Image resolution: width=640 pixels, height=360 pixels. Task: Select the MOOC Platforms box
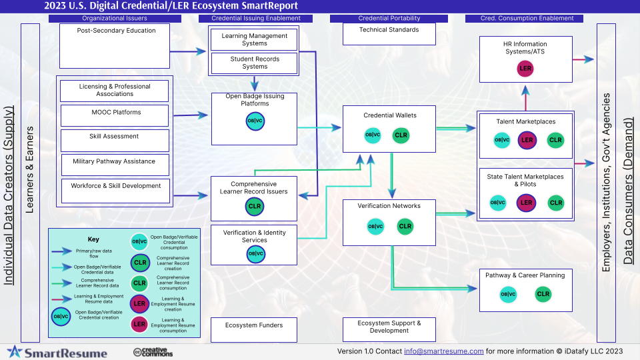coord(115,115)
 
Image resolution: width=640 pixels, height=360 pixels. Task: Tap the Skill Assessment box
coord(115,140)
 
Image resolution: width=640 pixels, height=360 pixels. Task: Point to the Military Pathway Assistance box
coord(115,165)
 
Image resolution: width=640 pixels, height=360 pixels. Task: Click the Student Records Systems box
coord(255,63)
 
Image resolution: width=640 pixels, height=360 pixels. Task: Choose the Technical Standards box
coord(389,33)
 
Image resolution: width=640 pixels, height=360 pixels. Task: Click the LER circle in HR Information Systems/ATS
coord(526,68)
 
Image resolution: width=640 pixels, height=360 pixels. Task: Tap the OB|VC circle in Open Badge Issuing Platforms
coord(255,121)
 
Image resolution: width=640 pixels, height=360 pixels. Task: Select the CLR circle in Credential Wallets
coord(401,135)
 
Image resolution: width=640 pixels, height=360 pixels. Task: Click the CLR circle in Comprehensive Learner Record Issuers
coord(255,207)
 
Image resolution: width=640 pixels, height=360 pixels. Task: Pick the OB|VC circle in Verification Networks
coord(375,227)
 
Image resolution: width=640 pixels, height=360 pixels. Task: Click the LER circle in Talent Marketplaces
coord(527,140)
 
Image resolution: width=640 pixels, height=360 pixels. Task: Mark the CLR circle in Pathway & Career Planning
coord(543,294)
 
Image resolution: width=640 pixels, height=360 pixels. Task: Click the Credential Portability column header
coord(389,18)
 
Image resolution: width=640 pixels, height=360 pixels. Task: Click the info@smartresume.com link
coord(443,351)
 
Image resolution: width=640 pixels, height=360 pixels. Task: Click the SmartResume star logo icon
coord(15,352)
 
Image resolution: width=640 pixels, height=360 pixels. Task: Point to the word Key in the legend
coord(93,239)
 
